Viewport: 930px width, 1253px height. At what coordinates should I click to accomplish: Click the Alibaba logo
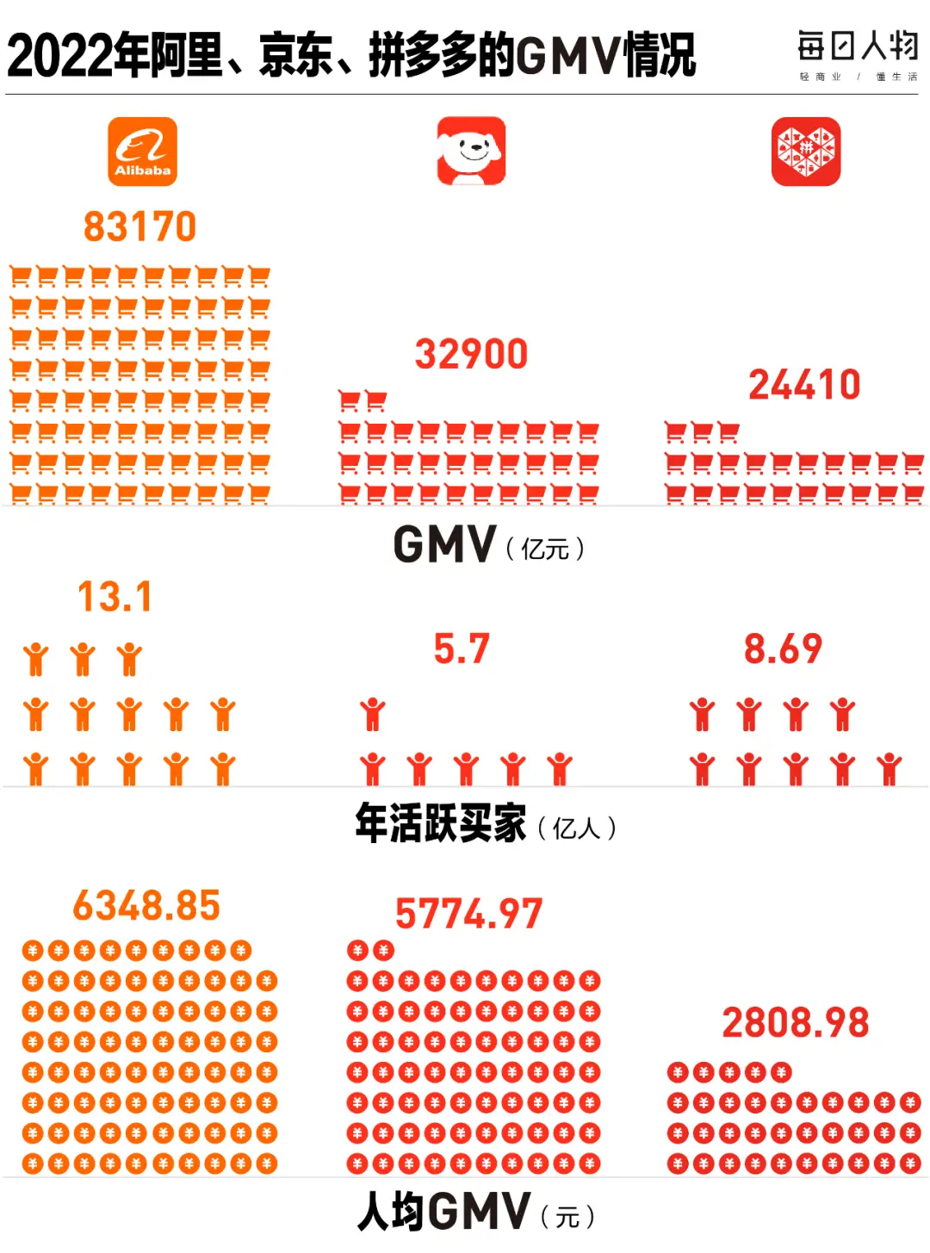pyautogui.click(x=142, y=152)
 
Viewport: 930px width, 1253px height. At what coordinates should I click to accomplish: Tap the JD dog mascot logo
pyautogui.click(x=471, y=152)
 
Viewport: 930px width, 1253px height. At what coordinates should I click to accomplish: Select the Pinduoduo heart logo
pyautogui.click(x=805, y=152)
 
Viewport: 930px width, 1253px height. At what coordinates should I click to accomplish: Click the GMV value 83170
pyautogui.click(x=140, y=227)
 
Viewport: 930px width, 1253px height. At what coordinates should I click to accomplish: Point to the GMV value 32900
pyautogui.click(x=471, y=354)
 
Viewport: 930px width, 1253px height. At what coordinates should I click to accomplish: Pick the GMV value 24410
pyautogui.click(x=804, y=385)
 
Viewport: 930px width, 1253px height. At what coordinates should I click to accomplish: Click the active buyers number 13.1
pyautogui.click(x=115, y=597)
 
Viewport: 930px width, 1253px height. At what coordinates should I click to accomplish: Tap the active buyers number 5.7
pyautogui.click(x=462, y=648)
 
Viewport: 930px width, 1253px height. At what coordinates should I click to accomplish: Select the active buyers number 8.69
pyautogui.click(x=783, y=648)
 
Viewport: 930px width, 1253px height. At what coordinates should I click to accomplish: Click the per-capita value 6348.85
pyautogui.click(x=146, y=906)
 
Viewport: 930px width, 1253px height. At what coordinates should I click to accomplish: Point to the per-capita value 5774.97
pyautogui.click(x=469, y=914)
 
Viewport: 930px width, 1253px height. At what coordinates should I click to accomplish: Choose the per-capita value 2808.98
pyautogui.click(x=796, y=1023)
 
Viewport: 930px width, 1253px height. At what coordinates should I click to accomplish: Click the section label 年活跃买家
pyautogui.click(x=441, y=824)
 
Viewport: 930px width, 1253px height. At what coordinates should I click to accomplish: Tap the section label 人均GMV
pyautogui.click(x=444, y=1213)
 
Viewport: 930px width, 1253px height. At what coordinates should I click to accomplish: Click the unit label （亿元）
pyautogui.click(x=545, y=549)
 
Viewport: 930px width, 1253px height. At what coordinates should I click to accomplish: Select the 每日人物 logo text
pyautogui.click(x=858, y=47)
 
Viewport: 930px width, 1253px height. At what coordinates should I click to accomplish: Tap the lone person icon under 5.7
pyautogui.click(x=373, y=715)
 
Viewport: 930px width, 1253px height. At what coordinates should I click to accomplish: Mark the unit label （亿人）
pyautogui.click(x=576, y=828)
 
